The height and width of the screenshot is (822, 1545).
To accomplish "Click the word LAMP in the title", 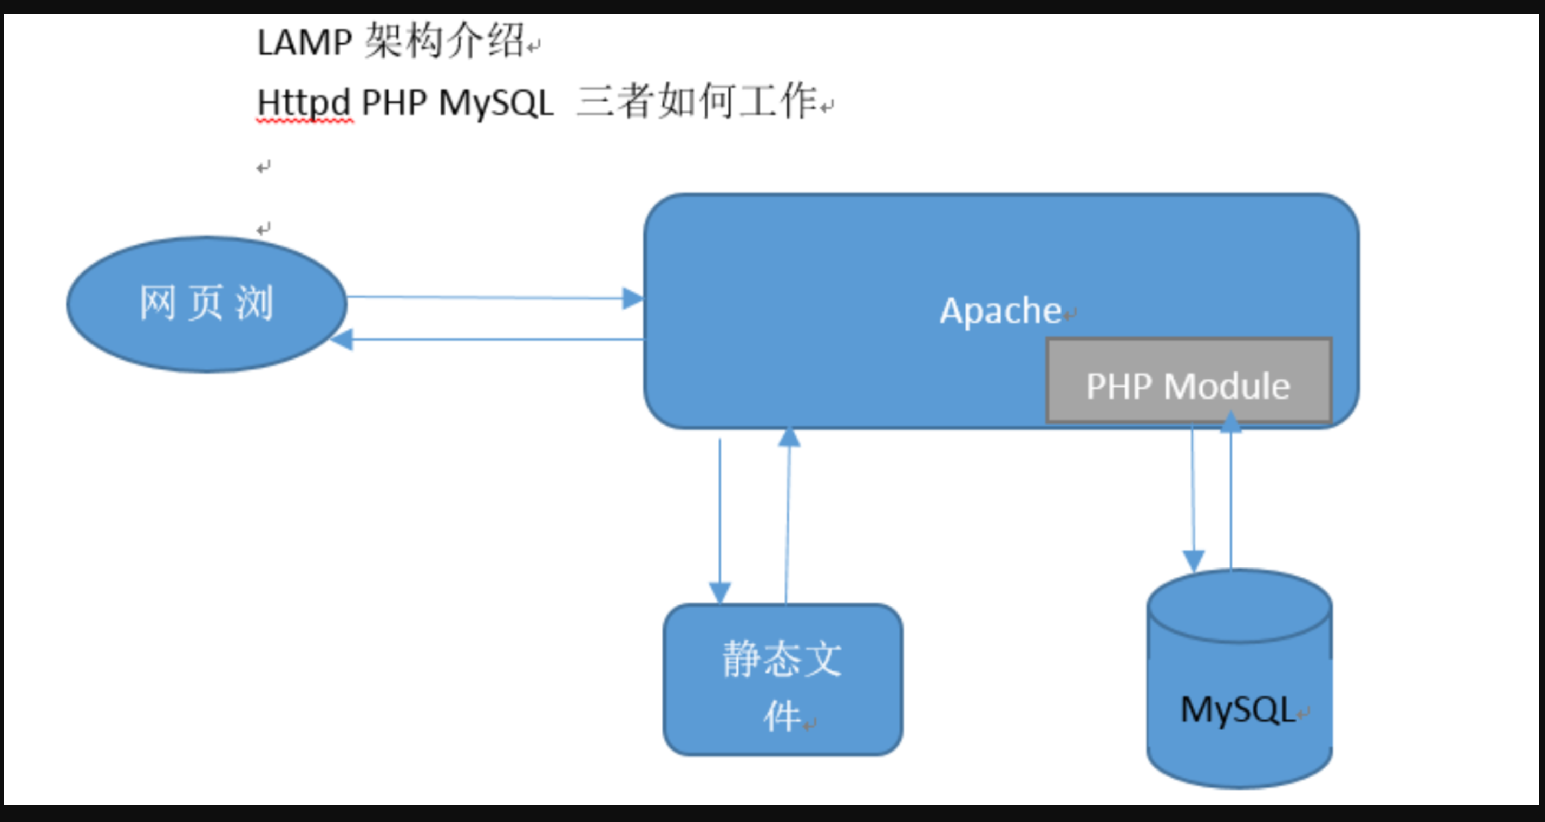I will [x=304, y=43].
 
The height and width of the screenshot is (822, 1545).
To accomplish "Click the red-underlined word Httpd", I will [x=304, y=103].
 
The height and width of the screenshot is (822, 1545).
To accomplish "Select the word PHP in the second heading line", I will [x=394, y=103].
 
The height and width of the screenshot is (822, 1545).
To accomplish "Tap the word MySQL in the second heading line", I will [x=496, y=103].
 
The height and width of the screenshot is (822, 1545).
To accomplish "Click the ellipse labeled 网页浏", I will [x=206, y=304].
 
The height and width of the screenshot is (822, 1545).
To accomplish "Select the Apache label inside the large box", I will [x=1000, y=311].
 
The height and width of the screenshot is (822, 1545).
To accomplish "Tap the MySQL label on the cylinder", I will [x=1238, y=710].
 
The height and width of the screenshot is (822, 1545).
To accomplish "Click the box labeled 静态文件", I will [x=783, y=680].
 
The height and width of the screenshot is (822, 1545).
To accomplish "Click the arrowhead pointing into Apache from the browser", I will [x=632, y=298].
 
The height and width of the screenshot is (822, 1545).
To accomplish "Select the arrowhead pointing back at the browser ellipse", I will [x=343, y=340].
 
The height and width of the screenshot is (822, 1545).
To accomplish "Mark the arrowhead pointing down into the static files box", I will [x=720, y=592].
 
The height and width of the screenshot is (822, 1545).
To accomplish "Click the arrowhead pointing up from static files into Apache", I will [x=789, y=437].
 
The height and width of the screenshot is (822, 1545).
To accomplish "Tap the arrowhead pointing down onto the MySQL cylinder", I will [x=1194, y=560].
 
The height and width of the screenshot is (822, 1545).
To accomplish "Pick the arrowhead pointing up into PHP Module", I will [x=1230, y=422].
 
